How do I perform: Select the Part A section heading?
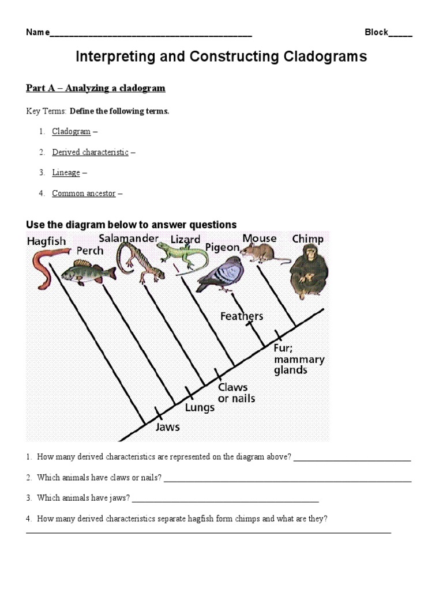pyautogui.click(x=96, y=88)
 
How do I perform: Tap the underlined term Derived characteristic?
pyautogui.click(x=90, y=152)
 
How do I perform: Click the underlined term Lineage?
pyautogui.click(x=66, y=172)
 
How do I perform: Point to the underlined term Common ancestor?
pyautogui.click(x=84, y=194)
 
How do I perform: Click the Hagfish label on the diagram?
pyautogui.click(x=46, y=241)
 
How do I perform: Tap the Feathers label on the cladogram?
pyautogui.click(x=242, y=316)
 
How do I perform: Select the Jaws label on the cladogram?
pyautogui.click(x=168, y=427)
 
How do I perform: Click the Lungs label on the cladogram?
pyautogui.click(x=200, y=407)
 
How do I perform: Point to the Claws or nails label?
pyautogui.click(x=236, y=393)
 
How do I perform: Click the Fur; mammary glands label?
pyautogui.click(x=299, y=360)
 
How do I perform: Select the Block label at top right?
pyautogui.click(x=376, y=32)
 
